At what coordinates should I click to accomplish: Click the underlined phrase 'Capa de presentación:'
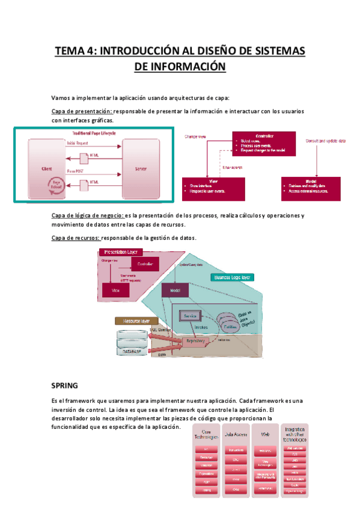pos(82,111)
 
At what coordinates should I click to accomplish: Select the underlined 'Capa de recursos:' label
pos(76,238)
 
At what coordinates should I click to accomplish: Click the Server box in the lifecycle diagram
pos(141,170)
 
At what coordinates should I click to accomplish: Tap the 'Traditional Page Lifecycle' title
pos(95,134)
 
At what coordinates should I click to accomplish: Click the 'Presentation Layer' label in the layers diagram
pos(120,252)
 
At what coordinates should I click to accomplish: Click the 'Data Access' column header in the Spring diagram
pos(236,433)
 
